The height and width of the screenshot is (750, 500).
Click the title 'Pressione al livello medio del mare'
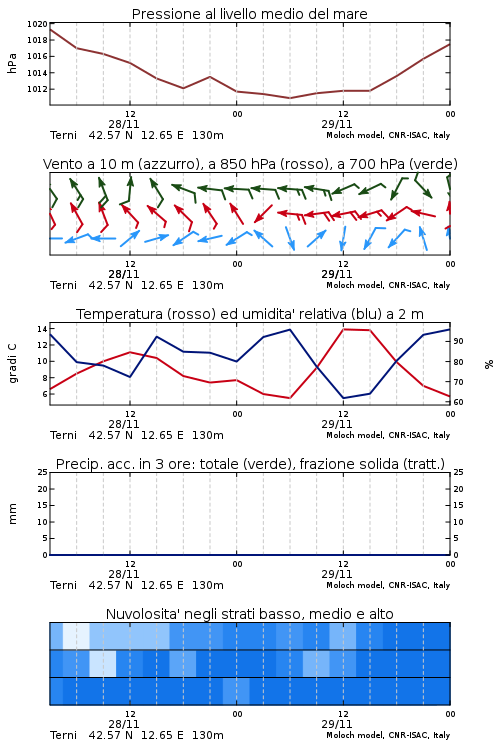tap(249, 14)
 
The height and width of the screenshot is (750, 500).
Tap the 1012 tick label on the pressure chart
tap(37, 89)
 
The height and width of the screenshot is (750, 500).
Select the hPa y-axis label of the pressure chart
tap(12, 63)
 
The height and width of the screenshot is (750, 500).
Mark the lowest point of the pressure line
tap(289, 98)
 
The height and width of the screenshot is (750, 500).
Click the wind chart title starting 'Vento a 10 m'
tap(250, 164)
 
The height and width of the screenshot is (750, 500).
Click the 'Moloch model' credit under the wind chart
tap(388, 285)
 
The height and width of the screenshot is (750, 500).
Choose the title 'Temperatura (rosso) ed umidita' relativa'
tap(250, 314)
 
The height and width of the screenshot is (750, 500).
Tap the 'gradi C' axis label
tap(12, 363)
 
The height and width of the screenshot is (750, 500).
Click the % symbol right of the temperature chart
tap(489, 364)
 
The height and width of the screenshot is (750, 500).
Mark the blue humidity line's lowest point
tap(343, 398)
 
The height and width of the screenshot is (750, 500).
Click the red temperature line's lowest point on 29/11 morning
tap(289, 398)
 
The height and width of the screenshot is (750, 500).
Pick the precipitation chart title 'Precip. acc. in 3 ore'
tap(250, 464)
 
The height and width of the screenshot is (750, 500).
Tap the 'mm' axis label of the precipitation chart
tap(12, 514)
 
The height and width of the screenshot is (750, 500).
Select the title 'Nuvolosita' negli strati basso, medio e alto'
tap(249, 614)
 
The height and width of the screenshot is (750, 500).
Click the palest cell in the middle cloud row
tap(103, 663)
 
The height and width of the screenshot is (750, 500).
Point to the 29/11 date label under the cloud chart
tap(337, 724)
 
